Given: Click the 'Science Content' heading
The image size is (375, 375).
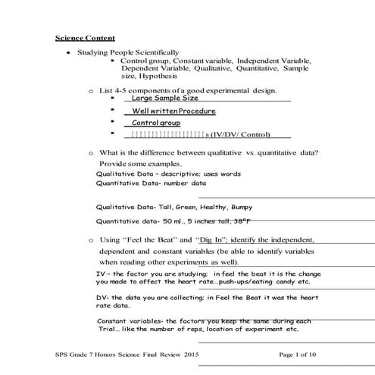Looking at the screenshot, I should pyautogui.click(x=85, y=37).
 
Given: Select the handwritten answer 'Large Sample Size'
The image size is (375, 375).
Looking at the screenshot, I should pyautogui.click(x=164, y=98).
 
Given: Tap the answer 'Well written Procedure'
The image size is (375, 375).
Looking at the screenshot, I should pyautogui.click(x=173, y=111).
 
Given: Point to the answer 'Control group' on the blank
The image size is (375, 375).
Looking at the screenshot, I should pyautogui.click(x=156, y=123).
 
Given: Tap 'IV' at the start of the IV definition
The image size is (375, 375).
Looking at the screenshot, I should pyautogui.click(x=102, y=273).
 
